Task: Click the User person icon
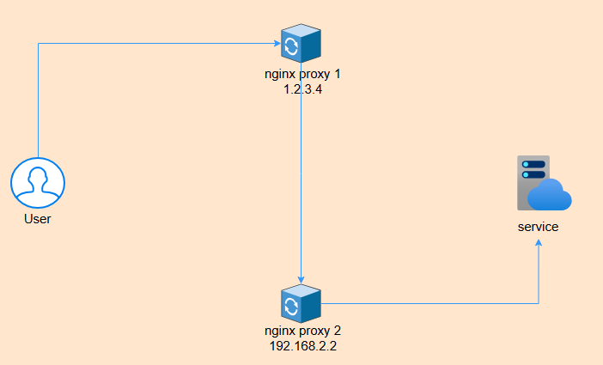38,184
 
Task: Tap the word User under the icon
38,219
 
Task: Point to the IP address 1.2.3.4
301,88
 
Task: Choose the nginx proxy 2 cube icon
301,304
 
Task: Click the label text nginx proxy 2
301,331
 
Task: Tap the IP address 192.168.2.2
301,345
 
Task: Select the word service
539,228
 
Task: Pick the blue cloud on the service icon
550,196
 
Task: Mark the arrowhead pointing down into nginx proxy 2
301,277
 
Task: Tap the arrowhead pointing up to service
539,244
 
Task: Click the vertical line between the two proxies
301,172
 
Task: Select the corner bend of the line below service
539,303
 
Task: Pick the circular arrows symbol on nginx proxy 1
291,46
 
